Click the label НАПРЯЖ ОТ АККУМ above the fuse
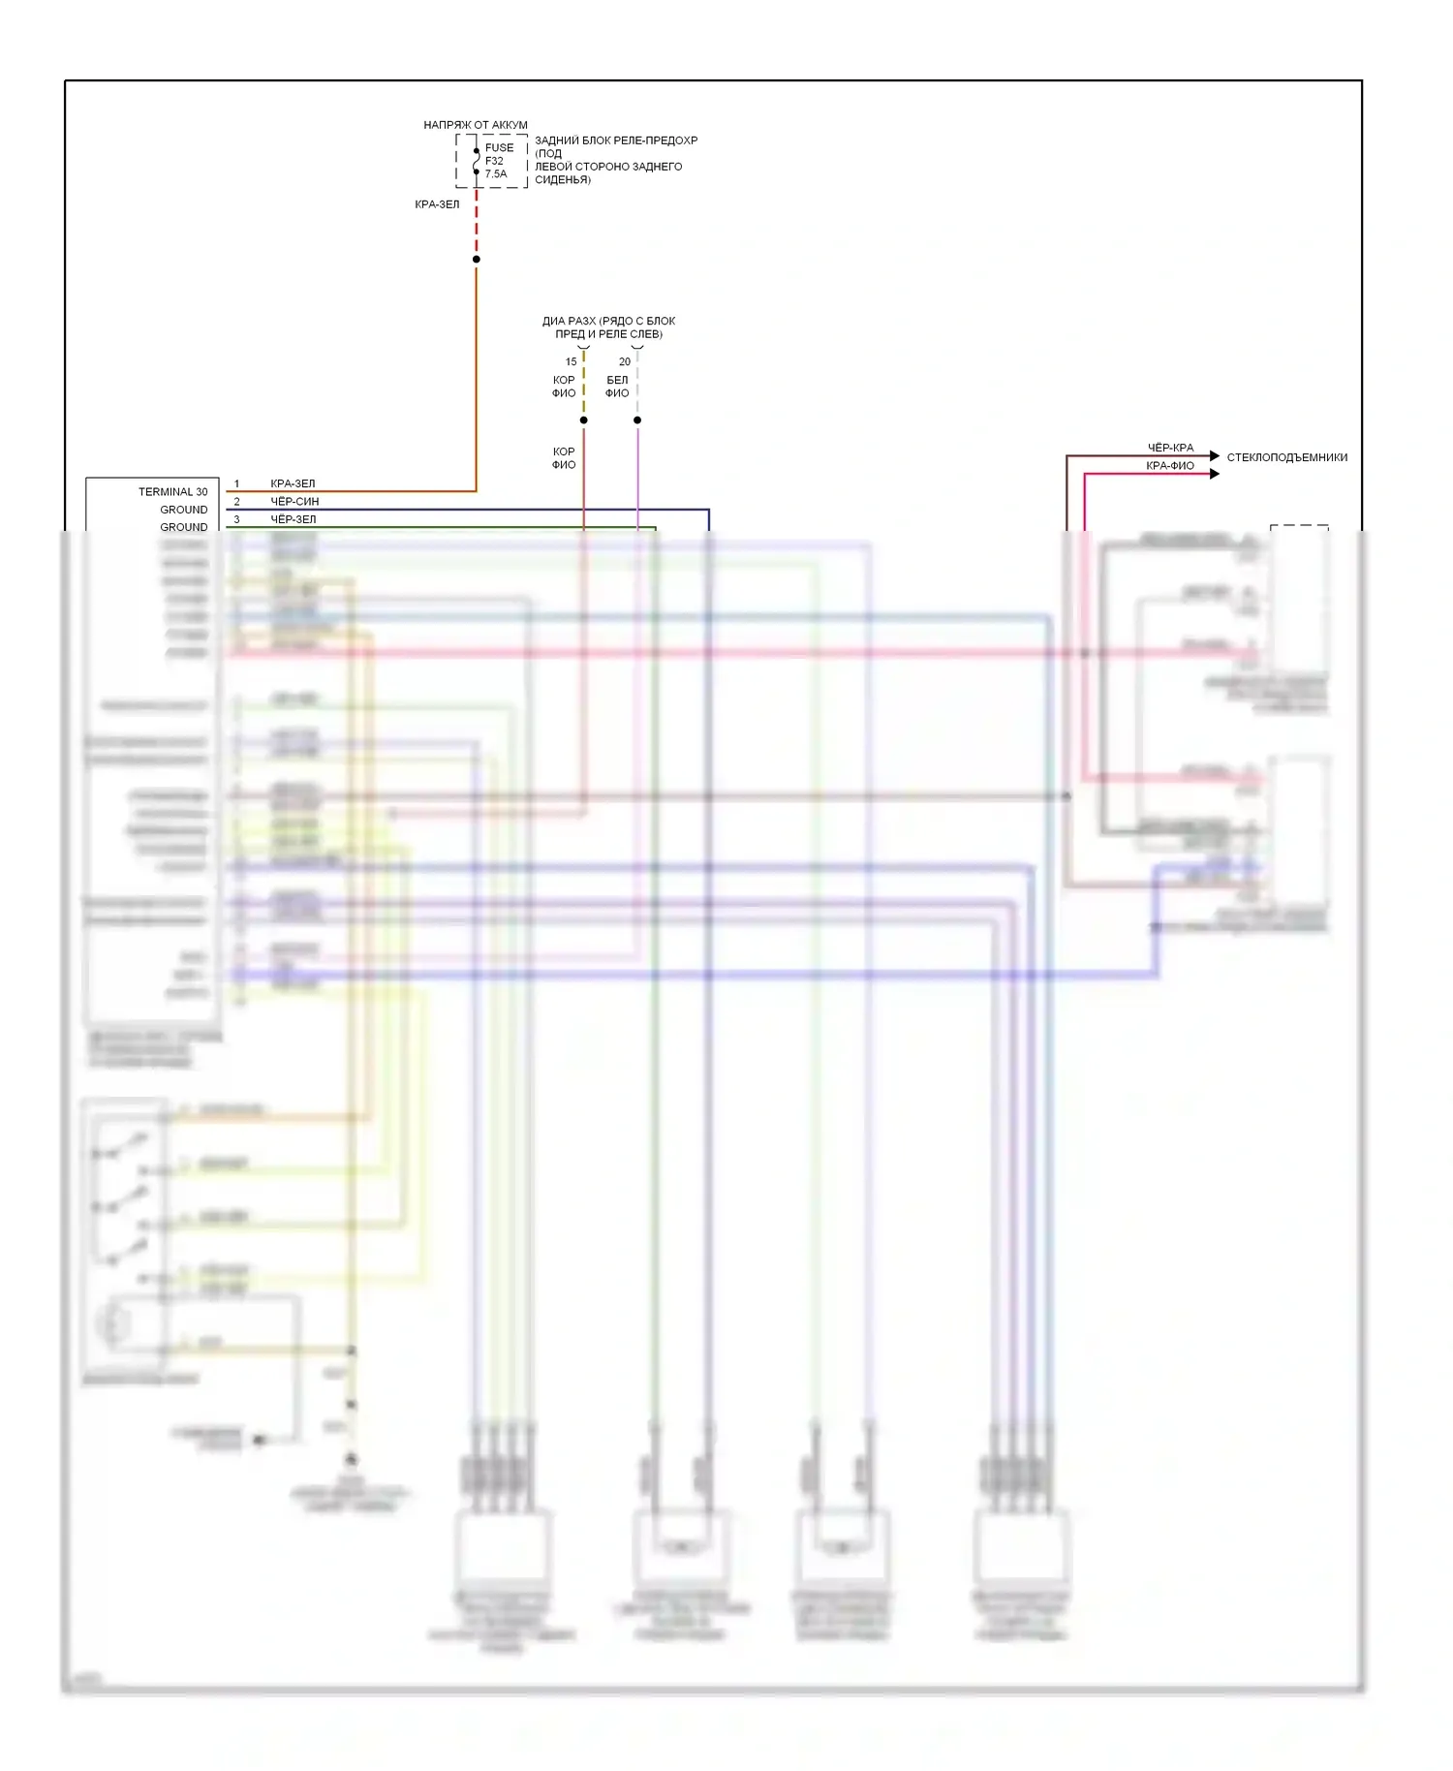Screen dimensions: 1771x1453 (x=475, y=125)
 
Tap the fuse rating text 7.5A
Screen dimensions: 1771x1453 (x=496, y=174)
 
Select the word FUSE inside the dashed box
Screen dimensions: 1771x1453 (x=500, y=148)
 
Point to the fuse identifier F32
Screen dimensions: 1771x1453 (x=494, y=161)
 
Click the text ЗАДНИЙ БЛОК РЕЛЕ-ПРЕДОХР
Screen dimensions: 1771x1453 (x=616, y=140)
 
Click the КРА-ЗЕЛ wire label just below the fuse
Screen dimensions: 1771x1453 (x=437, y=204)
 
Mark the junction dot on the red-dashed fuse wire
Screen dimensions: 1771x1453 (x=476, y=259)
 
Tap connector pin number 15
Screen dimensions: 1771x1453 (x=572, y=361)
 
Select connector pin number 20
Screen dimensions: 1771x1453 (x=625, y=361)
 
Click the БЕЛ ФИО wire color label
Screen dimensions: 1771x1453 (x=617, y=387)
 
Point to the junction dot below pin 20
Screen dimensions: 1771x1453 (x=637, y=419)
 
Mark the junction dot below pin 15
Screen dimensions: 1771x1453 (x=583, y=419)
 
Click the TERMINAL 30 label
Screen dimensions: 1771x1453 (x=172, y=492)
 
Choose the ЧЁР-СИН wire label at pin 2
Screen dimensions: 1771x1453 (x=294, y=502)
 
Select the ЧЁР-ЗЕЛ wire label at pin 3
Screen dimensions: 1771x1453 (x=294, y=519)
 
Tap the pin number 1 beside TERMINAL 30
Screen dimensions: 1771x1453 (x=236, y=484)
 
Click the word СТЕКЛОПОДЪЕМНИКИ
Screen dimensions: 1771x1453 (x=1286, y=457)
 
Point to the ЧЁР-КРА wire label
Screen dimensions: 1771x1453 (x=1170, y=448)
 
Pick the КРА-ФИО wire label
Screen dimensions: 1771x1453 (x=1170, y=466)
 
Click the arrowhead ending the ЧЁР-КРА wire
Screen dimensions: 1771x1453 (x=1215, y=455)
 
